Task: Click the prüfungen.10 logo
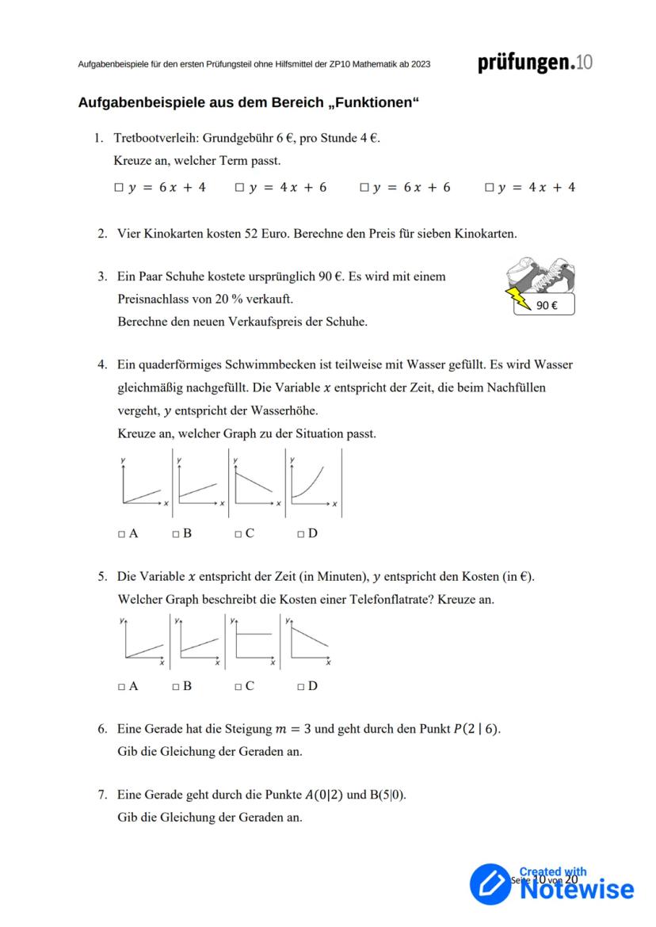(535, 63)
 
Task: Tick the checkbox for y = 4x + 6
(239, 188)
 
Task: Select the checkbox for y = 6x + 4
(118, 188)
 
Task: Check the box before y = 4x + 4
(489, 188)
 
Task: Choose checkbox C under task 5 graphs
(238, 687)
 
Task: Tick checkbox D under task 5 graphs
(301, 687)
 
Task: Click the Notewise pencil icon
(491, 883)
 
